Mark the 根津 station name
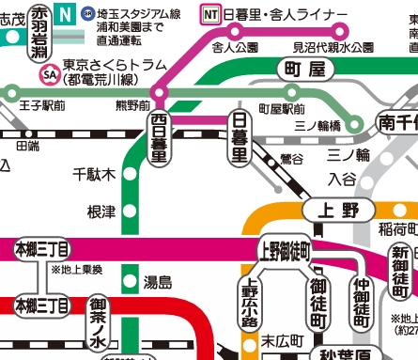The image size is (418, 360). [101, 211]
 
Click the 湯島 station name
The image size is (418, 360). [158, 281]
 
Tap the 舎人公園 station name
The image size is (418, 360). [236, 46]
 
